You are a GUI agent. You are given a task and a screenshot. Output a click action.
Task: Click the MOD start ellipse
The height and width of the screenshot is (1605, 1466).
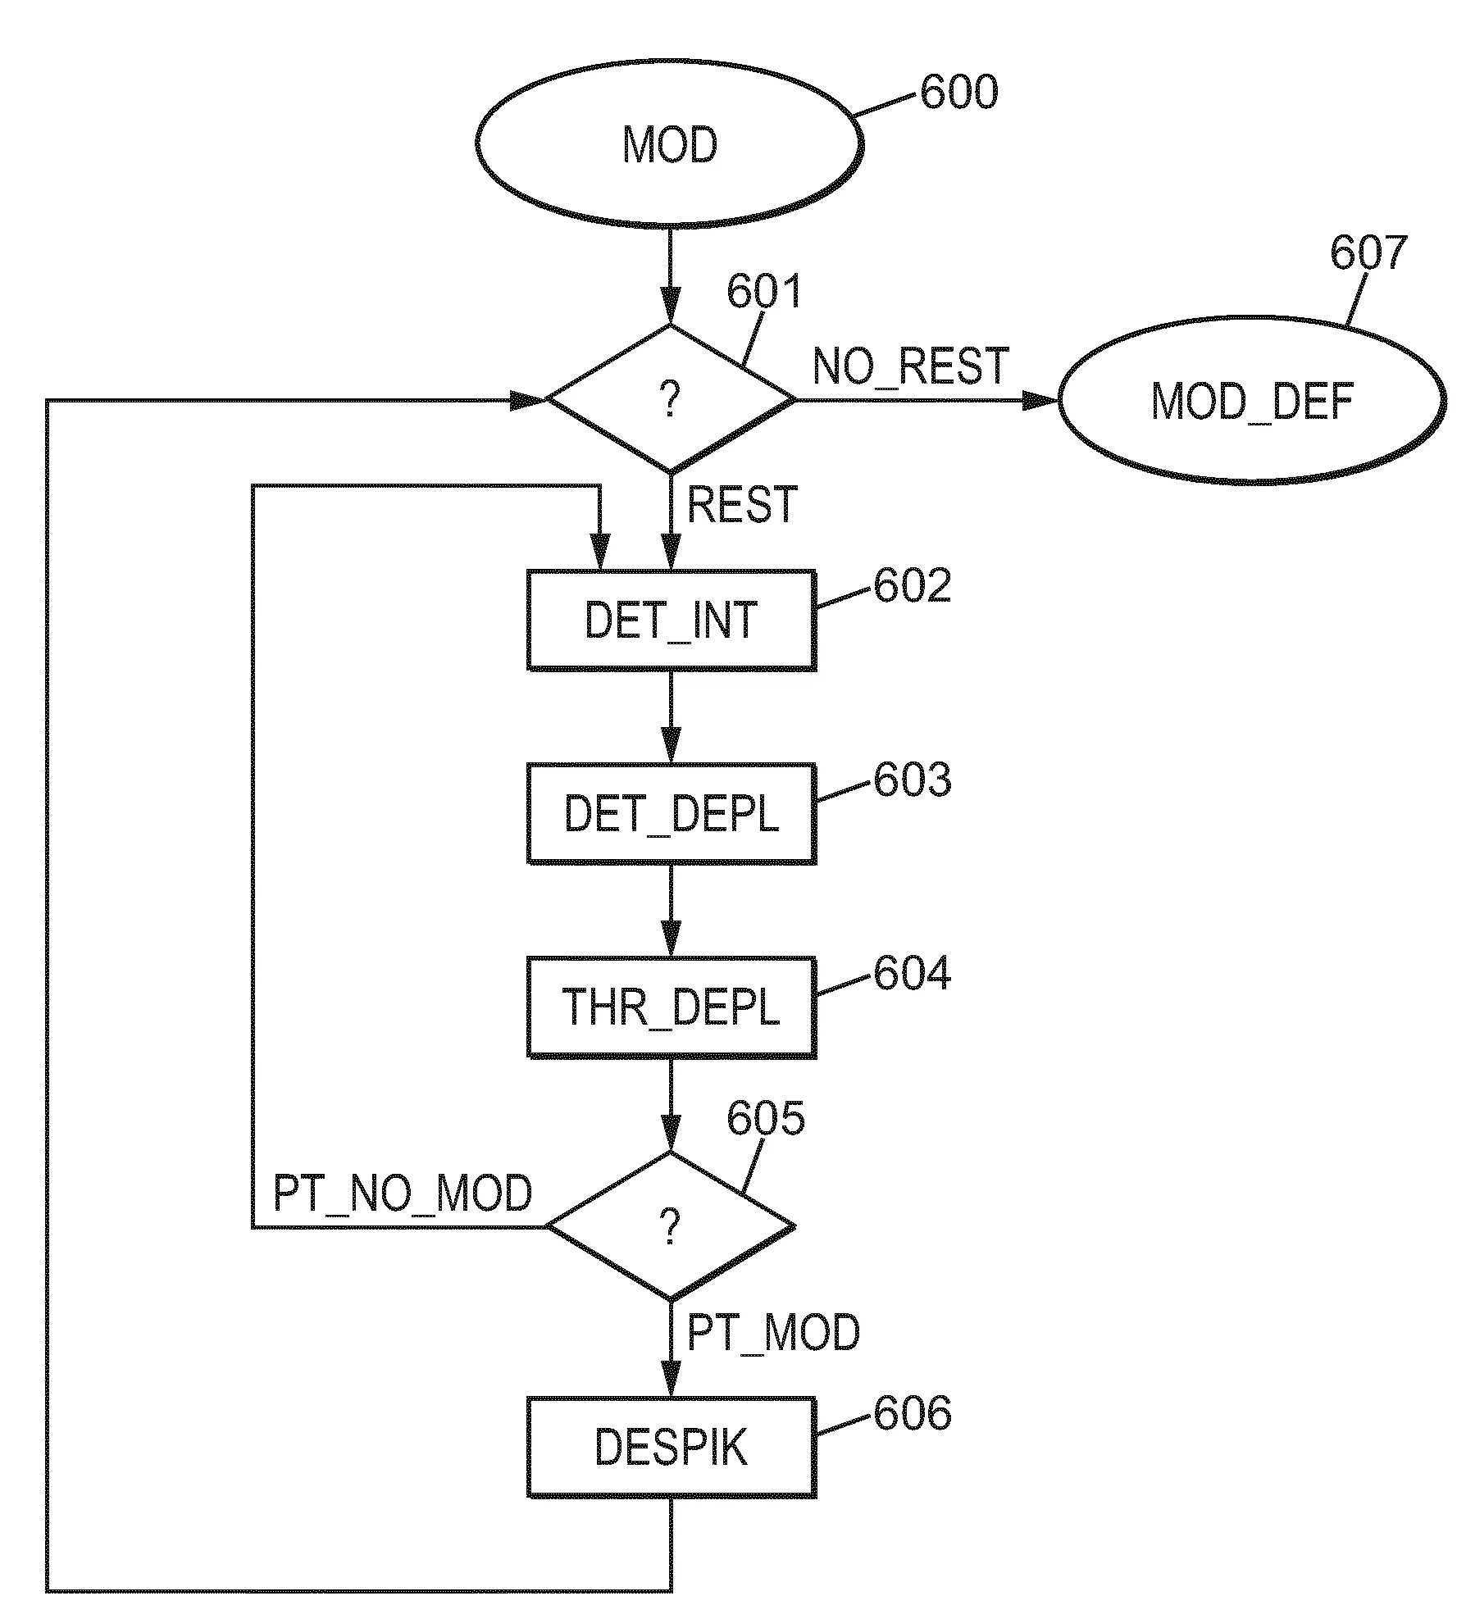669,144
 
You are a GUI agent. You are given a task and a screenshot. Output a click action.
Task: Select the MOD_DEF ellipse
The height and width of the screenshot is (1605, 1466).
1251,401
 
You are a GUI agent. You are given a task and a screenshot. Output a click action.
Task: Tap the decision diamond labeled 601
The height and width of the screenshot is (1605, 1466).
671,399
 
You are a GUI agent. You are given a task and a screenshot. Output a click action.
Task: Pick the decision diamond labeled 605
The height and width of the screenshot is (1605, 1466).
671,1226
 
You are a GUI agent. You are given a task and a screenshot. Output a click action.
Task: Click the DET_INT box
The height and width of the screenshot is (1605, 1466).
671,620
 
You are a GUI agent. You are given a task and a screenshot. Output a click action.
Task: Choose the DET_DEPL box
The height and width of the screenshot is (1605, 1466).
671,813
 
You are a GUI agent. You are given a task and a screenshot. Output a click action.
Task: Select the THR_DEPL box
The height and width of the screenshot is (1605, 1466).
671,1007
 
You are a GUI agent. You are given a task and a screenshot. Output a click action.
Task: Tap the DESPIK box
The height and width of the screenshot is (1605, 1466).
671,1448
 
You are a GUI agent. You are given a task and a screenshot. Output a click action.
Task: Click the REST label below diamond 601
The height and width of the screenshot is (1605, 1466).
742,504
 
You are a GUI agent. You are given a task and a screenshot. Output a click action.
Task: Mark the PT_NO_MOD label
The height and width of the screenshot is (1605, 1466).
403,1194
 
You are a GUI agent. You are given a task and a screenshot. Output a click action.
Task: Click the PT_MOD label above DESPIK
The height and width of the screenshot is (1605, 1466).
773,1332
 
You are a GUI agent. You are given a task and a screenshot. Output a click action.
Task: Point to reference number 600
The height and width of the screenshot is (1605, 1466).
958,92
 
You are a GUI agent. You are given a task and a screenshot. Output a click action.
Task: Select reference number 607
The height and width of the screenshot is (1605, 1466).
1368,252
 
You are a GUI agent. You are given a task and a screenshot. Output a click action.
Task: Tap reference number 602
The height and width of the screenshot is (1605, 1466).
912,585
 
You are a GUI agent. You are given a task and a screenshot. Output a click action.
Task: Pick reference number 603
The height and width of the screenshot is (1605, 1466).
912,780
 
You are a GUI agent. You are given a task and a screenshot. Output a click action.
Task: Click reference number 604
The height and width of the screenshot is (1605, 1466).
912,973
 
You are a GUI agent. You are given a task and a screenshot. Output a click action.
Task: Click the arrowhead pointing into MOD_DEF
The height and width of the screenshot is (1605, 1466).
1041,400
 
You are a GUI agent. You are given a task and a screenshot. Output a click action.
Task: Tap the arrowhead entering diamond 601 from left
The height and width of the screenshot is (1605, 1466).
528,400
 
